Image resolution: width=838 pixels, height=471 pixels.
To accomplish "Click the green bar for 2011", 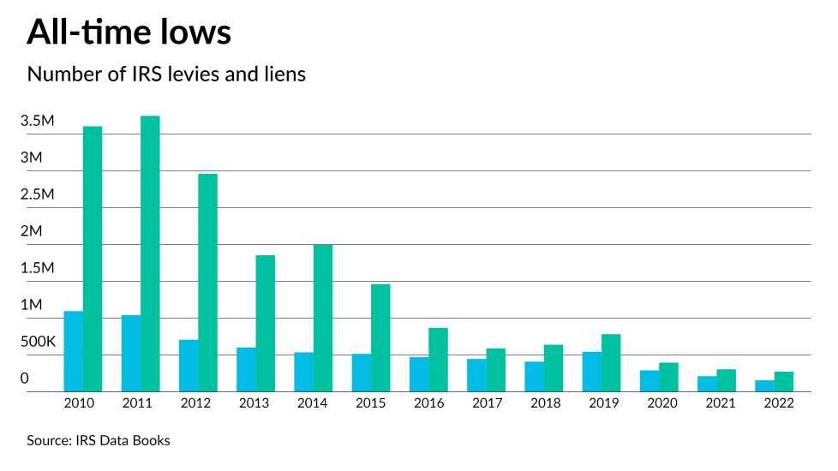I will coord(151,254).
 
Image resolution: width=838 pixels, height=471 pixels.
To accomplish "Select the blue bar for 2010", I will coord(74,351).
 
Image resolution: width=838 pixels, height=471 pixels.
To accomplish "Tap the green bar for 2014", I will coord(323,319).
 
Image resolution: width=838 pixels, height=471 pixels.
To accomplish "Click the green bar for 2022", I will coord(784,382).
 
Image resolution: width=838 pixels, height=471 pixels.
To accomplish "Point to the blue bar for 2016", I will coord(419,374).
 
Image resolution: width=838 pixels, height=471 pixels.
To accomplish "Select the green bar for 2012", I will coord(208,283).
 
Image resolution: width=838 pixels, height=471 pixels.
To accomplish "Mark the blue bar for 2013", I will coord(247,369).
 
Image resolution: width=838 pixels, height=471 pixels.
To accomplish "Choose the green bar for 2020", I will coord(668,378).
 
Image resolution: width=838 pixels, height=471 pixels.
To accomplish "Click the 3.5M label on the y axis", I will coord(38,122).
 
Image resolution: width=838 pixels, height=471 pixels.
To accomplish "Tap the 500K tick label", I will coord(38,342).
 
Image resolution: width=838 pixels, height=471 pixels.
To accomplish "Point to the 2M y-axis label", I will coord(31,231).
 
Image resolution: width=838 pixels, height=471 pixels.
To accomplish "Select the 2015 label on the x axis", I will coord(371,403).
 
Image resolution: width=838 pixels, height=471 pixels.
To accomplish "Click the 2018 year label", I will coord(544,403).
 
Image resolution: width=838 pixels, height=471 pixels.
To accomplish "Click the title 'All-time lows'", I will coord(129,33).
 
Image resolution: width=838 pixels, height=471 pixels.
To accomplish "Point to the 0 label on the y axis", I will coord(25,379).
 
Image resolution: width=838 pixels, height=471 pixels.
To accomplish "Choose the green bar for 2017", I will coord(496,370).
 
